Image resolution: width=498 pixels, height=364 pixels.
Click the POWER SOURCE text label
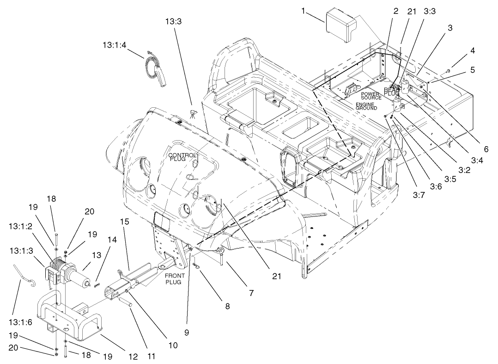pyautogui.click(x=371, y=96)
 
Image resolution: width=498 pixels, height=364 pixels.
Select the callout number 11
pyautogui.click(x=152, y=357)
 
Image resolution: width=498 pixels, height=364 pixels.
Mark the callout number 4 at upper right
pyautogui.click(x=461, y=50)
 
